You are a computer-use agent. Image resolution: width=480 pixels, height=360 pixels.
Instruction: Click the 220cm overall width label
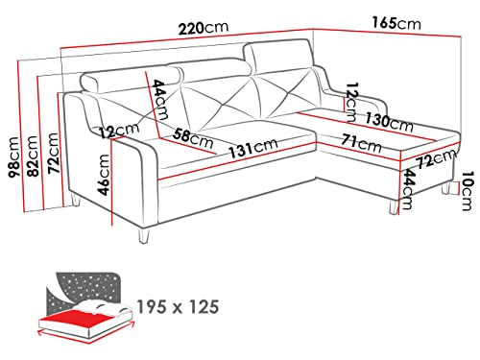pyautogui.click(x=204, y=28)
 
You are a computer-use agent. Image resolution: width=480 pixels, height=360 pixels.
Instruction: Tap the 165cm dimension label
pyautogui.click(x=396, y=23)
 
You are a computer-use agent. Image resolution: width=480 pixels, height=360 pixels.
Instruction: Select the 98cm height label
pyautogui.click(x=13, y=157)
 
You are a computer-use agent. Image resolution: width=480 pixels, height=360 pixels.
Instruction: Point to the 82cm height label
pyautogui.click(x=33, y=156)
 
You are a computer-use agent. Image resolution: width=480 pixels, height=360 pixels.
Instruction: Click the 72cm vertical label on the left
pyautogui.click(x=53, y=154)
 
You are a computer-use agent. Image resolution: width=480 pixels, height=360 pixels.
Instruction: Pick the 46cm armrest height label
pyautogui.click(x=104, y=175)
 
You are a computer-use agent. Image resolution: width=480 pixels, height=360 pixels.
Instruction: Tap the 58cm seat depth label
pyautogui.click(x=193, y=138)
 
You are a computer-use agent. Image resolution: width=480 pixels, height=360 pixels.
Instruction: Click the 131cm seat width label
pyautogui.click(x=252, y=149)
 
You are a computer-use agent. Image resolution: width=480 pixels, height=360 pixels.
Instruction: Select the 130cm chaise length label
pyautogui.click(x=389, y=122)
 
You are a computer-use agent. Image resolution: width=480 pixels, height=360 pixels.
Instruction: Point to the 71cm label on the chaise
pyautogui.click(x=361, y=143)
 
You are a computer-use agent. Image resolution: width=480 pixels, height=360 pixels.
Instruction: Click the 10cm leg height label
pyautogui.click(x=468, y=191)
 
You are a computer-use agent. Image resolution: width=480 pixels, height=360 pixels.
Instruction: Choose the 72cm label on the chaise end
pyautogui.click(x=437, y=158)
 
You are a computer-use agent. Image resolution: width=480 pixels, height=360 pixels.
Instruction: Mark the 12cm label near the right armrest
pyautogui.click(x=351, y=102)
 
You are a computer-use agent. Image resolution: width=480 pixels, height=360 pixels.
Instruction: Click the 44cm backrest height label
pyautogui.click(x=160, y=99)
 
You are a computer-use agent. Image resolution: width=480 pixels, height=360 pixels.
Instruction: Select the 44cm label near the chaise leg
pyautogui.click(x=408, y=189)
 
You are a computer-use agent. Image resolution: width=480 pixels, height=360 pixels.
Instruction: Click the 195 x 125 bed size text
pyautogui.click(x=179, y=307)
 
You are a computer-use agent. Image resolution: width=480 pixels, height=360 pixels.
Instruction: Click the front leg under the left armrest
pyautogui.click(x=143, y=235)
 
